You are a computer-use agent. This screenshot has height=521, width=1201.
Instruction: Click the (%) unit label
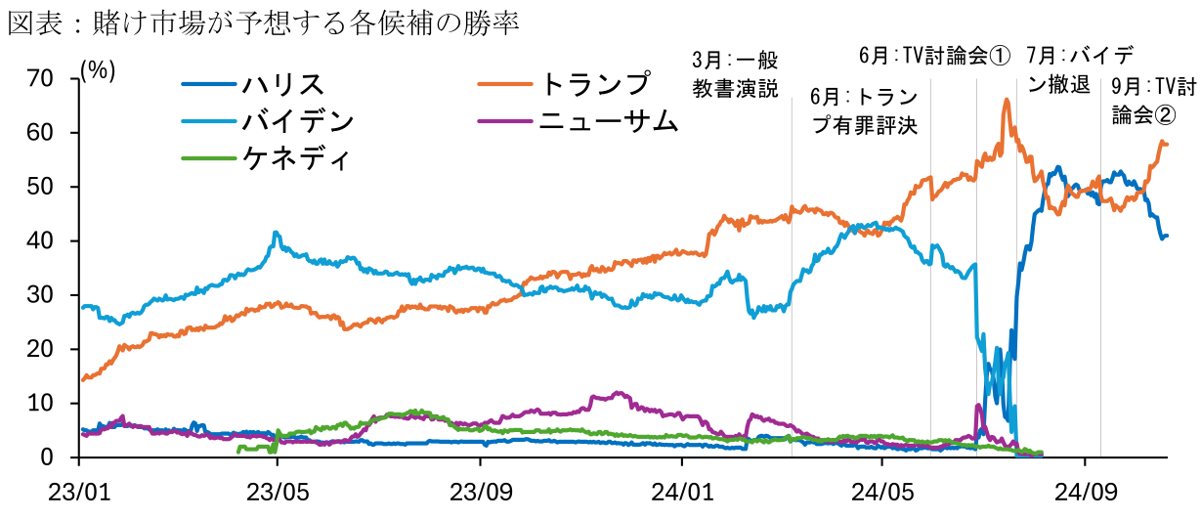99,70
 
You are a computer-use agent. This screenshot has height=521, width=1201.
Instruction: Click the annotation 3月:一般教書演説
735,73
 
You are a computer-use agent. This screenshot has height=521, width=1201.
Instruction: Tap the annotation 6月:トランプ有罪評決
865,111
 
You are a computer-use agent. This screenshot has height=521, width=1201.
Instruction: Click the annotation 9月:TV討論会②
1153,101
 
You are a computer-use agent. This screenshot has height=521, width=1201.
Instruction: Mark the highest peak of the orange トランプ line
1007,100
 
